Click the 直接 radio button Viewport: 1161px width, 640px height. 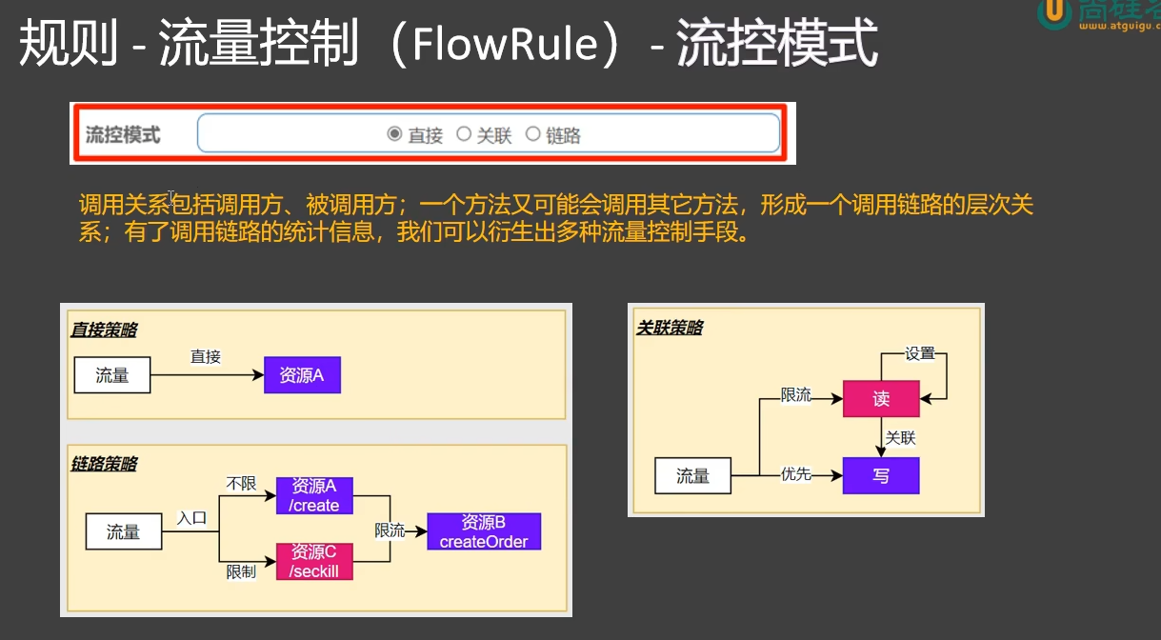click(394, 134)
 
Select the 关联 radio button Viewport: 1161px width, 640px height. click(464, 134)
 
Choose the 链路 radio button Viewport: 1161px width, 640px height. click(532, 134)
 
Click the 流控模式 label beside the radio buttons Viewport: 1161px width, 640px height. click(123, 135)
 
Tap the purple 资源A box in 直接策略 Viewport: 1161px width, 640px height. click(302, 375)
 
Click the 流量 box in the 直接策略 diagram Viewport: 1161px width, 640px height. click(112, 375)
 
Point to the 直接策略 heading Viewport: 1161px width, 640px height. click(104, 330)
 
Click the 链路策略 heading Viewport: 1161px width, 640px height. click(104, 464)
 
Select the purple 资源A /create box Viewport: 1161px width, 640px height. click(314, 495)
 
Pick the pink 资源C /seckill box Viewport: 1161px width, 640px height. click(314, 561)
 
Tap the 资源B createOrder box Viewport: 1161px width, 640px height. click(484, 531)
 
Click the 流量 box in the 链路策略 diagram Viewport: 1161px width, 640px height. click(124, 531)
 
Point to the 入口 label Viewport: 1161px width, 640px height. click(191, 518)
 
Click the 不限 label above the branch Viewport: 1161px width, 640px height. click(241, 485)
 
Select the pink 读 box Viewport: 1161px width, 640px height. click(881, 399)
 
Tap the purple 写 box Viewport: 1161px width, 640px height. click(881, 475)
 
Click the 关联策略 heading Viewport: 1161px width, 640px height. click(670, 328)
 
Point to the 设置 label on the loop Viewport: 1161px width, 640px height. click(920, 353)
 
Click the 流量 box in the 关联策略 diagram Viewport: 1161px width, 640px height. click(692, 475)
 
